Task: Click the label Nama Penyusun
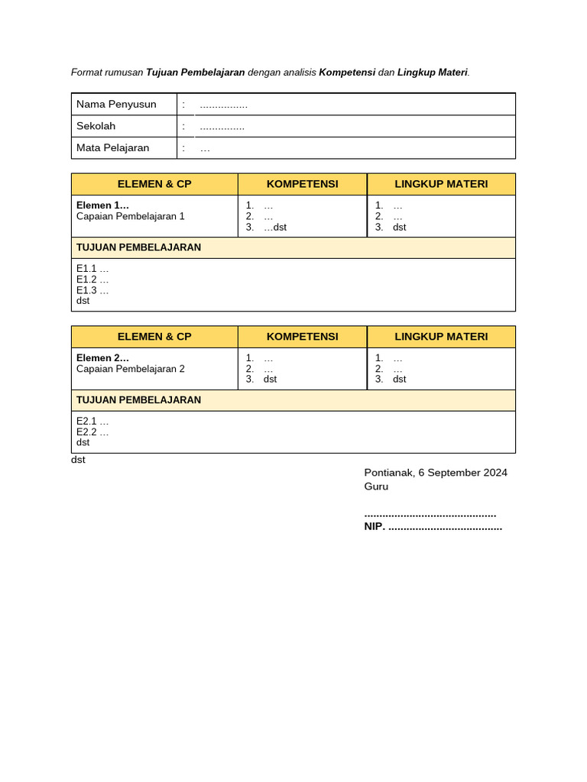[116, 104]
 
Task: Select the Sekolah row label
[96, 126]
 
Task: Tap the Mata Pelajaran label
[112, 147]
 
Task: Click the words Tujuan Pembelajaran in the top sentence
[195, 73]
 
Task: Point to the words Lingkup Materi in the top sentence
[432, 73]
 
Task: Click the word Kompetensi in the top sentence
[347, 73]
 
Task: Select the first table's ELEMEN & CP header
[154, 184]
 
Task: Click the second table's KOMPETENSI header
[302, 336]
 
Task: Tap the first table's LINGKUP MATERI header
[441, 184]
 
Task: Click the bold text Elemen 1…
[102, 205]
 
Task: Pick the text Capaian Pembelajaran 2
[131, 369]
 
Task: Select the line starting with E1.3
[92, 290]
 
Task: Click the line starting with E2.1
[92, 421]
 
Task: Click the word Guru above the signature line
[376, 486]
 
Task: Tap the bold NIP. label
[375, 526]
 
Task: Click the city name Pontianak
[388, 473]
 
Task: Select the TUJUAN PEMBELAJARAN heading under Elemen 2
[138, 400]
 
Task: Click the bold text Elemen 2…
[102, 357]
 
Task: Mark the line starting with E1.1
[92, 269]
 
